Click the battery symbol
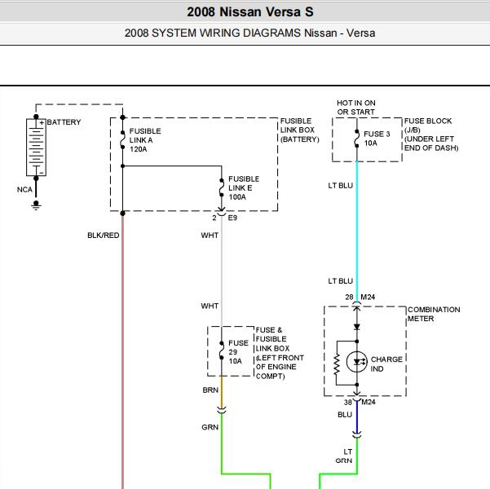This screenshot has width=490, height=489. [36, 148]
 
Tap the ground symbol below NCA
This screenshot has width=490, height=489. [36, 205]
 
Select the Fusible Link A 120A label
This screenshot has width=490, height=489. [145, 140]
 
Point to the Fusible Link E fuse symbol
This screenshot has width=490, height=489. [222, 187]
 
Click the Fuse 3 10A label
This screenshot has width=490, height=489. [377, 139]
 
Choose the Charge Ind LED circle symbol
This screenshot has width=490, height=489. [357, 362]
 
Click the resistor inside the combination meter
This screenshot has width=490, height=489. [337, 363]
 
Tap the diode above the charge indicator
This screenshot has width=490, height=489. [357, 327]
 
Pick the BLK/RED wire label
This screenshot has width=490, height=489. [103, 236]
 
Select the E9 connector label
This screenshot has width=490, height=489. [232, 218]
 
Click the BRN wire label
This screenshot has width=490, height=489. [210, 390]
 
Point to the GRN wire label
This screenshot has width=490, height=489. [210, 427]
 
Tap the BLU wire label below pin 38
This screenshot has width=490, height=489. [345, 415]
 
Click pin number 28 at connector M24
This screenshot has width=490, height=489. [349, 297]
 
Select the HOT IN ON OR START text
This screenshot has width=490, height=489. [356, 108]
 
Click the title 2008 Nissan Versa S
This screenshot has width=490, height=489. [250, 12]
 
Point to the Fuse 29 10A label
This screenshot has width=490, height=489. [238, 352]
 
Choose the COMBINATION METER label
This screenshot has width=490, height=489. [434, 314]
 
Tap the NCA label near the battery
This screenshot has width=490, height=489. [24, 190]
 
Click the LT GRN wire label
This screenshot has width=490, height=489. [344, 456]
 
